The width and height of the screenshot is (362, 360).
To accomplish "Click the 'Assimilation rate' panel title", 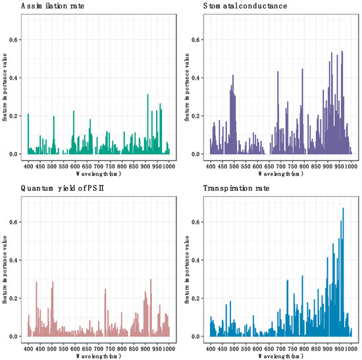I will tap(47, 6).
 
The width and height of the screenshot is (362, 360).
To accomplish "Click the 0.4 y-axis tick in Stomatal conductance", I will tap(199, 78).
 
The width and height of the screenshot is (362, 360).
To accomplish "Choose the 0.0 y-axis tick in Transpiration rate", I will tap(199, 336).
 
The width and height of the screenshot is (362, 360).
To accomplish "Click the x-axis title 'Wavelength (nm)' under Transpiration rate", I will tap(281, 356).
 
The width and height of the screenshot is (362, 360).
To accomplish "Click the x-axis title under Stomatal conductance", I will tap(281, 174).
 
